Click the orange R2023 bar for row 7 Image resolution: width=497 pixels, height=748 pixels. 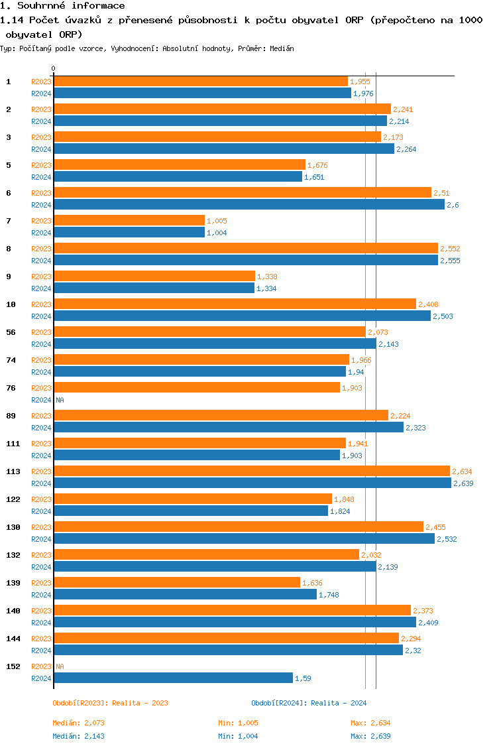(129, 220)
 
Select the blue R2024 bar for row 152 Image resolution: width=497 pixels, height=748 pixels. (173, 678)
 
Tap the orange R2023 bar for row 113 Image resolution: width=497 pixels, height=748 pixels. (252, 471)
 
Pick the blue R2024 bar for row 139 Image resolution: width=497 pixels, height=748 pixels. (185, 594)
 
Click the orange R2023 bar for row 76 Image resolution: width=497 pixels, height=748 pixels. (197, 387)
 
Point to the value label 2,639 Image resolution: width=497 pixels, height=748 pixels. (463, 483)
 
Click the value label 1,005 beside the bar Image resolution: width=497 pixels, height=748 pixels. (217, 221)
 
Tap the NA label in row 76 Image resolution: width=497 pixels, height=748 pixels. (60, 400)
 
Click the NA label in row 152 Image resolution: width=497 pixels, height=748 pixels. (60, 666)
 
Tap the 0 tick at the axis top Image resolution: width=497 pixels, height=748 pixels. (54, 68)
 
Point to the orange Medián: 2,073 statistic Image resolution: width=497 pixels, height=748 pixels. (78, 723)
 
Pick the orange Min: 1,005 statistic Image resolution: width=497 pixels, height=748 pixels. (238, 723)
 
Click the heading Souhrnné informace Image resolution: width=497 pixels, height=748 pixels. (67, 6)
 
